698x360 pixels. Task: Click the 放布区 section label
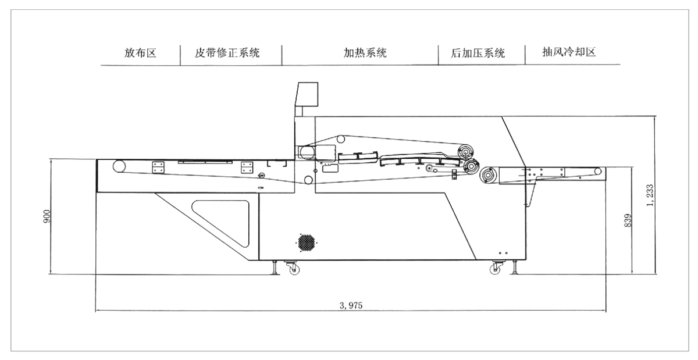(x=140, y=53)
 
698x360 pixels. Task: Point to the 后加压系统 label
(x=478, y=54)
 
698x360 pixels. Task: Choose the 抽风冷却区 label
(x=561, y=52)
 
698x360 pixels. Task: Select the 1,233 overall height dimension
(x=650, y=195)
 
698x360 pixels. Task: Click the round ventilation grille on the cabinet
(x=306, y=243)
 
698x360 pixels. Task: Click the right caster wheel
(x=496, y=269)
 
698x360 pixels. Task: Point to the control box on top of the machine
(x=307, y=94)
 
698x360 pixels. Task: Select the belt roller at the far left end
(x=119, y=166)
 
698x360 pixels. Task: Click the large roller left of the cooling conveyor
(x=489, y=174)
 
